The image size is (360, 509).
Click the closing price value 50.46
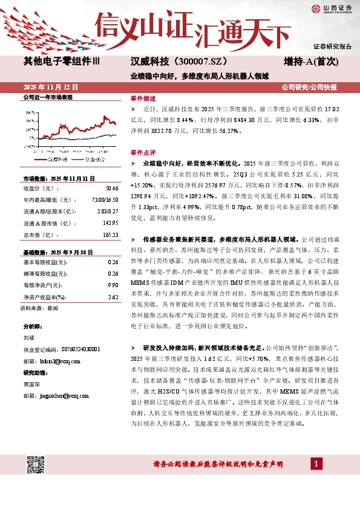(x=113, y=189)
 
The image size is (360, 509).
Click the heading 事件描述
(x=143, y=98)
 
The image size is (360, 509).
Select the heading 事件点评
(x=143, y=152)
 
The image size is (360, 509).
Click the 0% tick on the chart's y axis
(x=32, y=138)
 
